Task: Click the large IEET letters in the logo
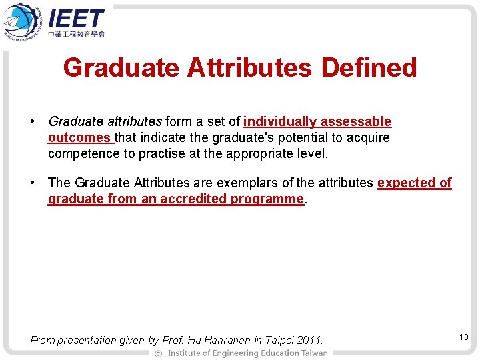pyautogui.click(x=76, y=19)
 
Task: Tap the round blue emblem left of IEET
pyautogui.click(x=23, y=21)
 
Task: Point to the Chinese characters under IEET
pyautogui.click(x=76, y=33)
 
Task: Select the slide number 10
pyautogui.click(x=463, y=337)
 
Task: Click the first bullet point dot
pyautogui.click(x=32, y=122)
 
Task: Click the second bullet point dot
pyautogui.click(x=32, y=183)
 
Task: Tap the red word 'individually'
pyautogui.click(x=280, y=121)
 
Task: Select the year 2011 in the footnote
pyautogui.click(x=309, y=341)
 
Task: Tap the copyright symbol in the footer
pyautogui.click(x=158, y=353)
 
